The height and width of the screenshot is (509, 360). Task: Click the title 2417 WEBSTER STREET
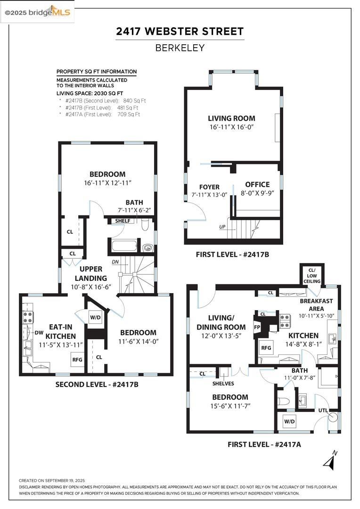pos(180,32)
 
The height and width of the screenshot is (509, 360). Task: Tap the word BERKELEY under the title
pos(180,48)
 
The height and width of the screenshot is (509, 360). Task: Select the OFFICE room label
pos(257,184)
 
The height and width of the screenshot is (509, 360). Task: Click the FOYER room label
pos(209,187)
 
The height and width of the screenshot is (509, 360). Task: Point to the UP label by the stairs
pos(222,227)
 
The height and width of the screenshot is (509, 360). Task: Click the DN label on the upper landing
pos(115,262)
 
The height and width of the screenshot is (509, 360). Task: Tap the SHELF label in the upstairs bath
pos(123,221)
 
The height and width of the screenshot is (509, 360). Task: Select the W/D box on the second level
pos(96,317)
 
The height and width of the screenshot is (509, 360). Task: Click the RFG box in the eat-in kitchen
pos(77,360)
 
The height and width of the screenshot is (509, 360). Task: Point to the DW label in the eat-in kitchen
pos(39,333)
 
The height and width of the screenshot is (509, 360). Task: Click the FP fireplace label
pos(257,326)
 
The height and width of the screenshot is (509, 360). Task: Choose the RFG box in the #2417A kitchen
pos(266,348)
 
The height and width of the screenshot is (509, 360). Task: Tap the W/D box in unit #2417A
pos(289,420)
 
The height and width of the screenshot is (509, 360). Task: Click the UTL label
pos(323,410)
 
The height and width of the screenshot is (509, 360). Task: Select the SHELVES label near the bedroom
pos(223,383)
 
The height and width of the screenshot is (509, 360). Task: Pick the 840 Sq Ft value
pos(134,100)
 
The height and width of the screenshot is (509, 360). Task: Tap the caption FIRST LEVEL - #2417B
pos(232,254)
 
